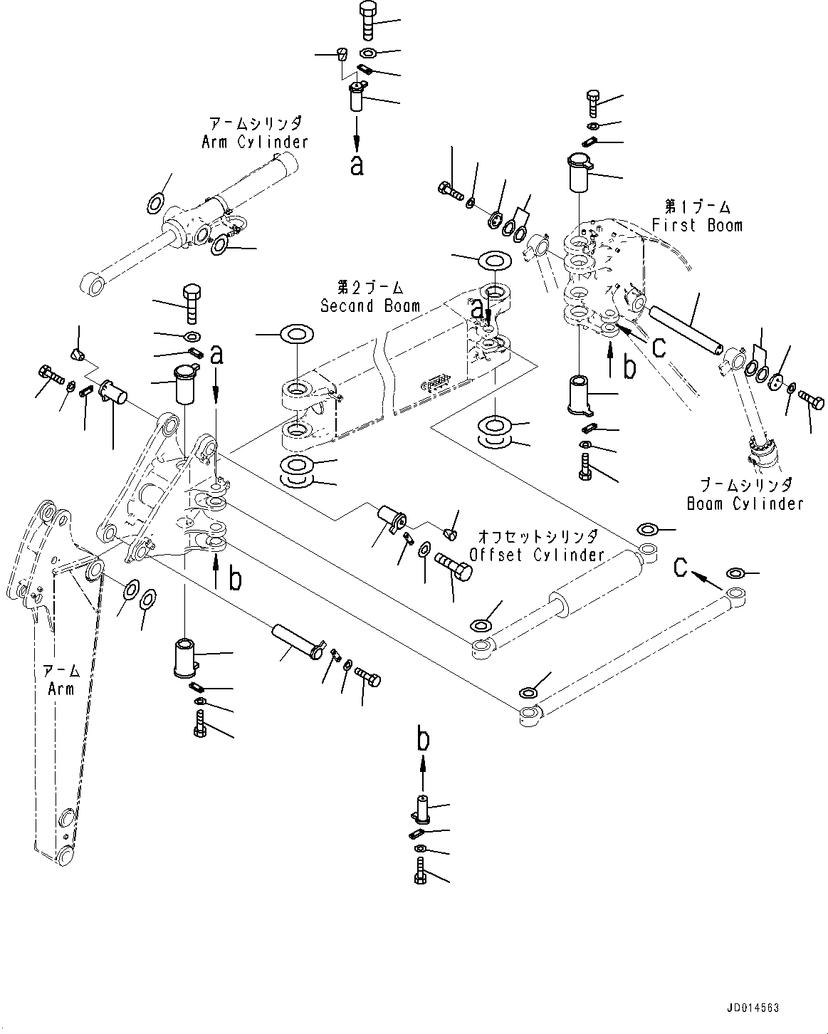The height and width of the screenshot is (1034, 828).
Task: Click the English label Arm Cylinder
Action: click(x=255, y=142)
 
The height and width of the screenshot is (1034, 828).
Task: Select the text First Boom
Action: click(x=697, y=225)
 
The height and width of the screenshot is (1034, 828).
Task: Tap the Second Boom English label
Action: click(x=370, y=305)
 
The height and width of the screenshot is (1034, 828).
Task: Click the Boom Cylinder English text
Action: click(x=745, y=503)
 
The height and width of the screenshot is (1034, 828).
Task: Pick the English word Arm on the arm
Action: click(x=61, y=689)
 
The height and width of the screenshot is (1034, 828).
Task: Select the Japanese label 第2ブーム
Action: click(x=370, y=288)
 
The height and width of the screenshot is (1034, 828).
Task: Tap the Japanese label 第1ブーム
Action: click(x=697, y=207)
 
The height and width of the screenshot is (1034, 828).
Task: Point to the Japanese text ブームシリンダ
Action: click(x=745, y=485)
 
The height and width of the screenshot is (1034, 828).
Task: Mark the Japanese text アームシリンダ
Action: click(x=255, y=122)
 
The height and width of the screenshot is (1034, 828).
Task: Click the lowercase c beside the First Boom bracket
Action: click(x=659, y=347)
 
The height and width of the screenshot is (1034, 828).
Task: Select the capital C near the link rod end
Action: click(x=681, y=567)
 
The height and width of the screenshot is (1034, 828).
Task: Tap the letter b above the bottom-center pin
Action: click(x=423, y=741)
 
